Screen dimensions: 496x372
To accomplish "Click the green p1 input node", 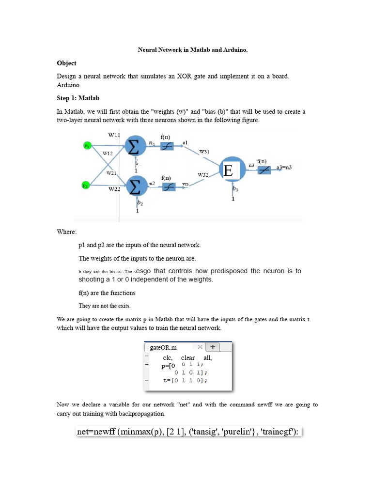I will [x=87, y=145].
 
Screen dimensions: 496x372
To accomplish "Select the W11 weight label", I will [x=114, y=135].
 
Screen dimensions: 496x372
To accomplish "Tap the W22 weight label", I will [x=114, y=189].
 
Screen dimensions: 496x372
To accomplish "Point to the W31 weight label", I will [x=204, y=152].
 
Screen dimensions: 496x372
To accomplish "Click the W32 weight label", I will [x=203, y=174].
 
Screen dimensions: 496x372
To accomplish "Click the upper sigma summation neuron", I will [x=136, y=145].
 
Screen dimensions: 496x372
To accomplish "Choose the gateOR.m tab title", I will [x=164, y=348].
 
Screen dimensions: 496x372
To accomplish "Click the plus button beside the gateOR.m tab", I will [x=214, y=347].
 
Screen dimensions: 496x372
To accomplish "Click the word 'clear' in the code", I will [x=188, y=358].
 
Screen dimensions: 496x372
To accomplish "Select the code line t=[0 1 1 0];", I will [x=185, y=381].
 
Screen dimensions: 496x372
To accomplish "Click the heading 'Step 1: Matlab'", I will [x=78, y=98].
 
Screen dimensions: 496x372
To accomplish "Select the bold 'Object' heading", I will [x=66, y=63].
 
